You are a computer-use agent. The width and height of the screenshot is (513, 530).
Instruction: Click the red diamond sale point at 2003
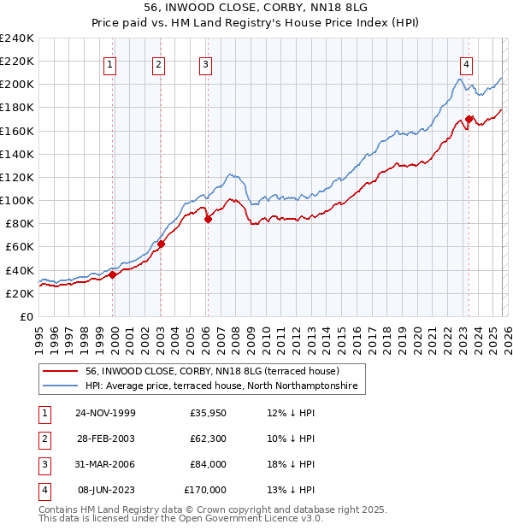pos(161,244)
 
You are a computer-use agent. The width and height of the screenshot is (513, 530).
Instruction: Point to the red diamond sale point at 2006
pos(208,219)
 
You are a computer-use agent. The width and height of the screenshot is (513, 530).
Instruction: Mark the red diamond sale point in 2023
pos(469,119)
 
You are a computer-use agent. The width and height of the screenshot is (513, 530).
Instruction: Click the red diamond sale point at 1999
pos(112,274)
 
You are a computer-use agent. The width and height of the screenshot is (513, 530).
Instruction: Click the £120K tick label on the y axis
pos(16,177)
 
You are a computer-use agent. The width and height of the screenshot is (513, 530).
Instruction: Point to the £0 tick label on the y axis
pos(26,316)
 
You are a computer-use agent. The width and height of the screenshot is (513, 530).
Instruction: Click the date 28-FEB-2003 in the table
pos(105,438)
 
